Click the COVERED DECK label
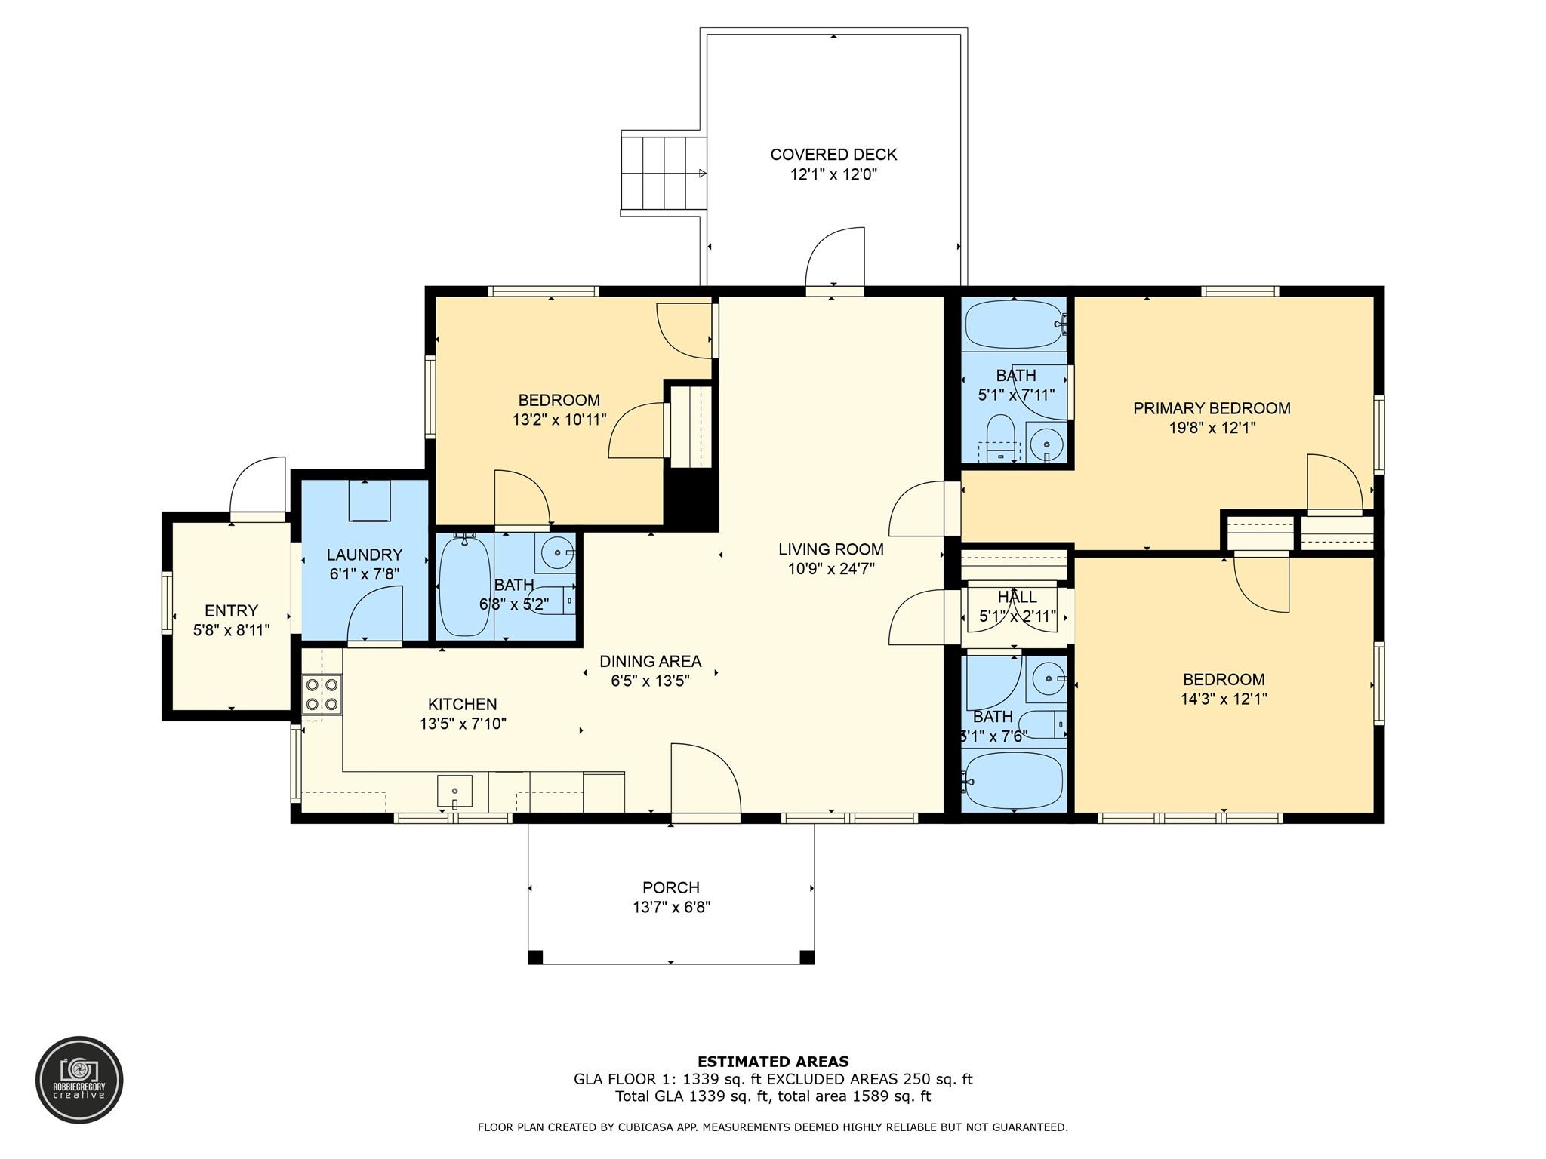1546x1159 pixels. coord(833,155)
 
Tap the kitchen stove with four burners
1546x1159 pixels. coord(322,695)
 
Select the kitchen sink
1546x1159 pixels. coord(454,792)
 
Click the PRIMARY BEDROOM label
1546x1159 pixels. coord(1212,408)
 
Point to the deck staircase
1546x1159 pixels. coord(663,173)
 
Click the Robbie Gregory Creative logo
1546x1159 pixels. coord(79,1080)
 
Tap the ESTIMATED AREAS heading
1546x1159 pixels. coord(773,1062)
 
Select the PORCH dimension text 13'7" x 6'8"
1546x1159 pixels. coord(671,907)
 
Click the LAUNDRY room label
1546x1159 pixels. coord(365,555)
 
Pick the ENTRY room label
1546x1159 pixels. coord(231,610)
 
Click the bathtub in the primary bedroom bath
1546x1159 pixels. coord(1015,324)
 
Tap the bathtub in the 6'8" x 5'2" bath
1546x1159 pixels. coord(464,586)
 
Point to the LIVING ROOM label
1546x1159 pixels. coord(831,549)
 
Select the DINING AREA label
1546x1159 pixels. coord(650,661)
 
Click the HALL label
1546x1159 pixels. coord(1017,597)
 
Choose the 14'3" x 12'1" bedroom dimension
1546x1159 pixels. coord(1224,699)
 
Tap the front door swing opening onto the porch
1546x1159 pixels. coord(705,778)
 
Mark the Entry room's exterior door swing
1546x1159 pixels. coord(257,485)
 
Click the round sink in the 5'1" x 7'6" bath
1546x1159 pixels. coord(1049,679)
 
